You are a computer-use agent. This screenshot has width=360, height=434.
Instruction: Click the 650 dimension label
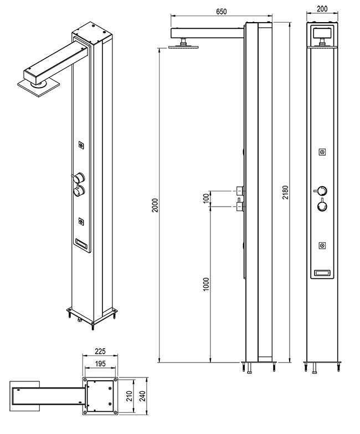(221, 11)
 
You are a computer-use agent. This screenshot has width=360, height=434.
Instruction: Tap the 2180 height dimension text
(285, 192)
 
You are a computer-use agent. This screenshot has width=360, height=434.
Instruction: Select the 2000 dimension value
(156, 205)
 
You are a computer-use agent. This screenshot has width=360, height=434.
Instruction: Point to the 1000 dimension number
(206, 284)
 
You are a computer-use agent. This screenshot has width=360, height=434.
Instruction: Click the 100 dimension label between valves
(206, 198)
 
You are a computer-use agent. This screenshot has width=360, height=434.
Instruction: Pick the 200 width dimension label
(322, 8)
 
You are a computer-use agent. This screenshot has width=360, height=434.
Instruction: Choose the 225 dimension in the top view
(100, 351)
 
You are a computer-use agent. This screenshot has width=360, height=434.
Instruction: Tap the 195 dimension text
(100, 364)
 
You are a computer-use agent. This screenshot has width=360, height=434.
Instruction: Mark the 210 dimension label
(130, 396)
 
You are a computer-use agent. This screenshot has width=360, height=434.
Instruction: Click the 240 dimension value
(142, 396)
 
